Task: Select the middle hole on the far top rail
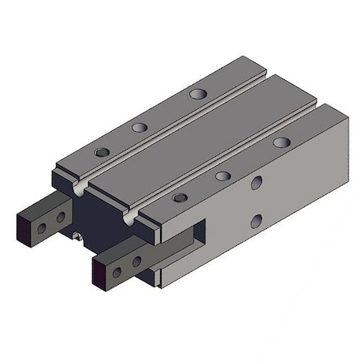pyautogui.click(x=140, y=127)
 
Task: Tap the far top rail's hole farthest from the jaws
pyautogui.click(x=196, y=93)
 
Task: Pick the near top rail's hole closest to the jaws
pyautogui.click(x=179, y=197)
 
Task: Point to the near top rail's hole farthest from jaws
pyautogui.click(x=281, y=142)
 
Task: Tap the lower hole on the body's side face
pyautogui.click(x=256, y=219)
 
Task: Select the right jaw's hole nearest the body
pyautogui.click(x=136, y=262)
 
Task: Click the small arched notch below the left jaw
pyautogui.click(x=78, y=239)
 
